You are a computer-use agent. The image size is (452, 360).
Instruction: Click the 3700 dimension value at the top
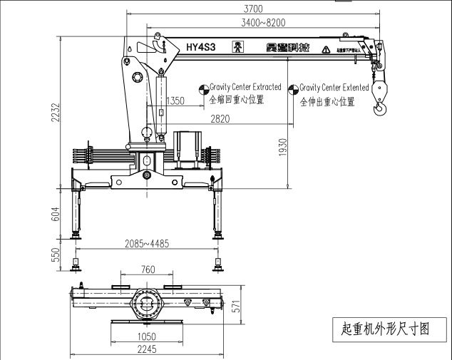point(253,9)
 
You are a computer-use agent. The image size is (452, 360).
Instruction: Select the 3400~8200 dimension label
point(263,23)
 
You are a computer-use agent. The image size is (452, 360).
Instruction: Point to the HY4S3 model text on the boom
point(201,48)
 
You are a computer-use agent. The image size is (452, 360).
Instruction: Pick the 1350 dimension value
point(175,101)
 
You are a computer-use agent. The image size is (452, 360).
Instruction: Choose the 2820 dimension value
point(220,119)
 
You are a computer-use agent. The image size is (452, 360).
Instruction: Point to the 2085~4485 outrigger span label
point(147,243)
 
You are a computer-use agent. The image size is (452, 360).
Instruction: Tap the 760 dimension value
point(148,269)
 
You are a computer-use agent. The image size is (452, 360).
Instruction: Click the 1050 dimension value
point(147,336)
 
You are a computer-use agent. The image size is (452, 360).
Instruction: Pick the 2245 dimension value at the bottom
point(147,349)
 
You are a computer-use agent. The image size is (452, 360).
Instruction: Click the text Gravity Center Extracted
point(245,87)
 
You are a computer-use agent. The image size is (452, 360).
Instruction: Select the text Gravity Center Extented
point(334,87)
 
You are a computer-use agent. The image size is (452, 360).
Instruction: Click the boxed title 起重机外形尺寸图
point(384,329)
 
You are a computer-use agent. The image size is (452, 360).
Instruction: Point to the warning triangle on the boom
point(326,49)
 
